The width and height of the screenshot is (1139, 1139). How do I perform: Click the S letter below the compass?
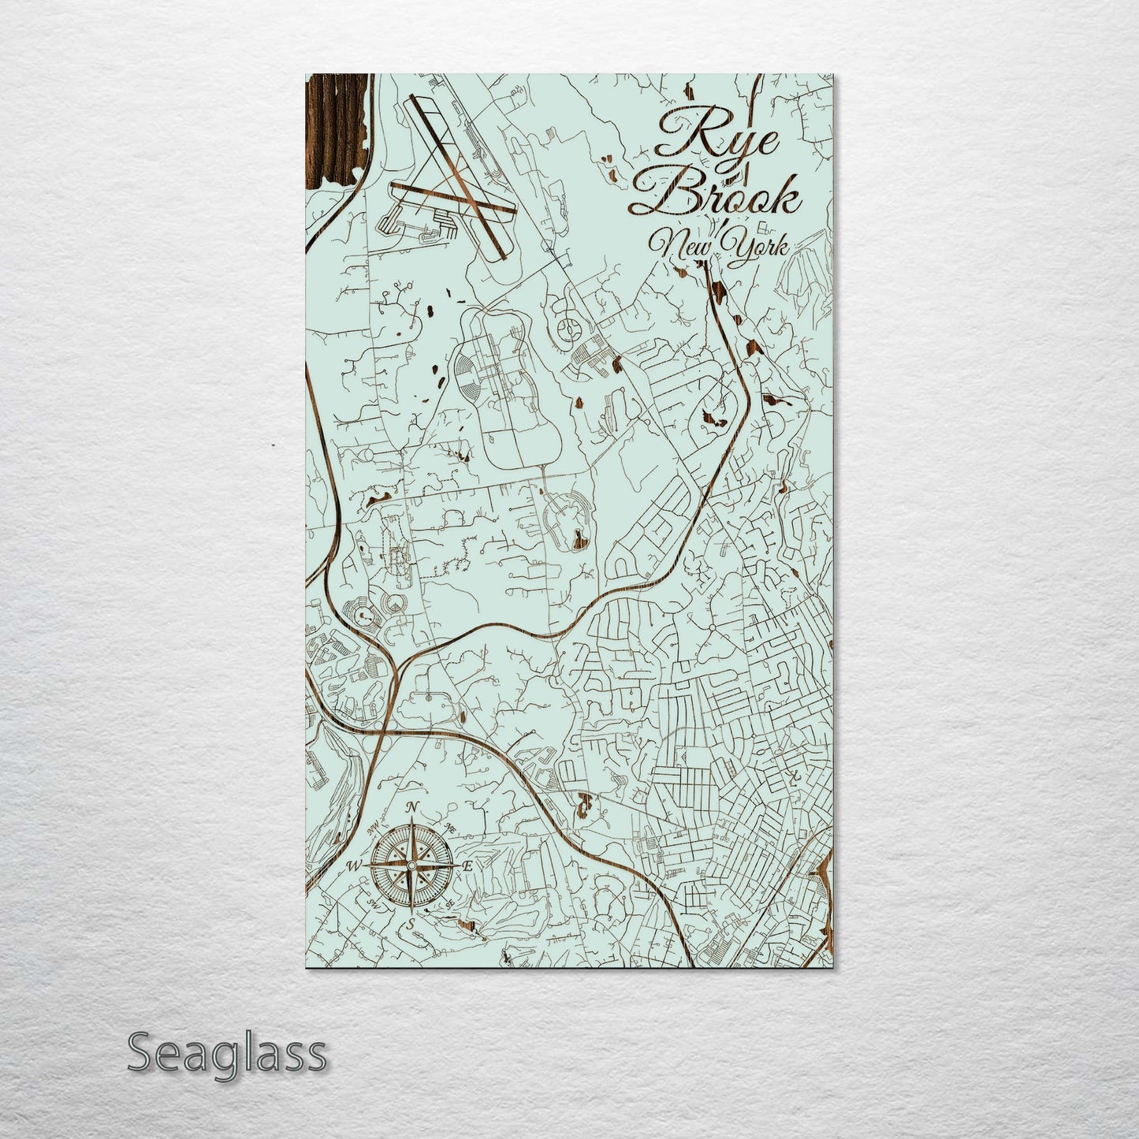410,923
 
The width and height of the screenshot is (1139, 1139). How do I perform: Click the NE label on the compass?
450,828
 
